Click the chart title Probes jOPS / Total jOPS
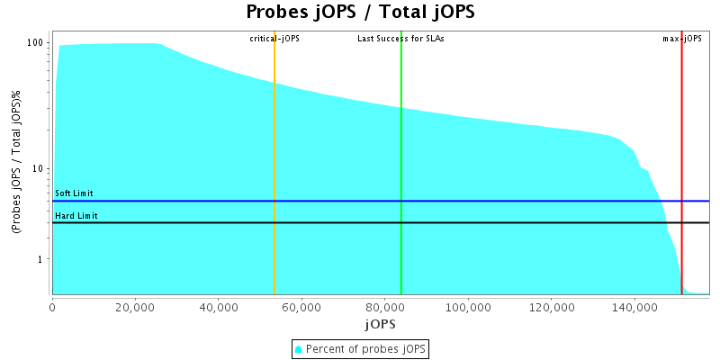[x=360, y=13]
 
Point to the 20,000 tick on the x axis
[x=135, y=307]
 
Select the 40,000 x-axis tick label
[x=219, y=307]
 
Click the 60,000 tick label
[x=301, y=307]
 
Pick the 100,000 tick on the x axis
[x=468, y=307]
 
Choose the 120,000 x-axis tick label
[x=551, y=307]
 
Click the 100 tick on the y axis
[x=37, y=43]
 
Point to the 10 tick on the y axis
[x=40, y=169]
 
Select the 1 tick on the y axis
[x=42, y=259]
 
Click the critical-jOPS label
[x=274, y=39]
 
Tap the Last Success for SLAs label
[x=400, y=39]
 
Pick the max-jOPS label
[x=682, y=39]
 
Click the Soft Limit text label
[x=74, y=193]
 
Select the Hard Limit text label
[x=76, y=216]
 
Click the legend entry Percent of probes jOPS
[x=365, y=348]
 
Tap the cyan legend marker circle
[x=299, y=348]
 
